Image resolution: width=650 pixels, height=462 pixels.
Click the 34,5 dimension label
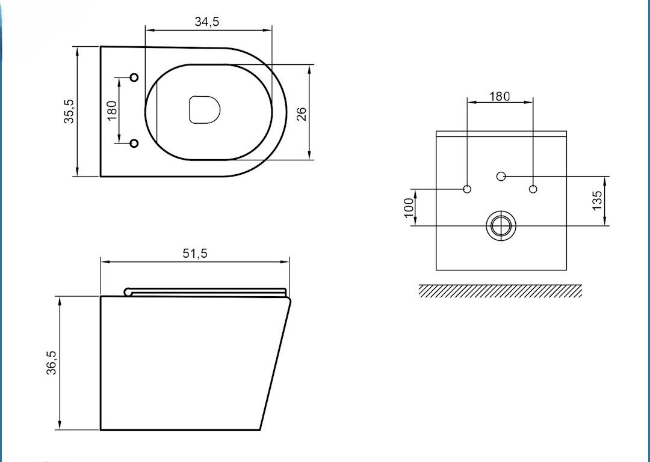[207, 22]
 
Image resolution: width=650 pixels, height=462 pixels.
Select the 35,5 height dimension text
[69, 111]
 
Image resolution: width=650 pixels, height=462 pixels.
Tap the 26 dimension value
[302, 114]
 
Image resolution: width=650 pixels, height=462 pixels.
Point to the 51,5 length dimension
[195, 253]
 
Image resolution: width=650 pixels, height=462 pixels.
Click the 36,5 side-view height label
[51, 363]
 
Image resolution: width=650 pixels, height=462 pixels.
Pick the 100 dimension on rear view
[409, 207]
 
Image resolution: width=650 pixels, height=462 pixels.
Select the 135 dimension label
[597, 201]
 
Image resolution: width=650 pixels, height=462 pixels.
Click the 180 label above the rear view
[500, 97]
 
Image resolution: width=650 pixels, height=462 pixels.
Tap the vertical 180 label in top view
[112, 111]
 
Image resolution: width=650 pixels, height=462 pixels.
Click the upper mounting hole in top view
[134, 78]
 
